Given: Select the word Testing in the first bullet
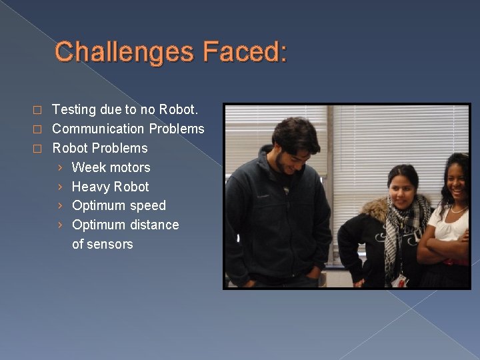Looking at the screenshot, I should point(74,109).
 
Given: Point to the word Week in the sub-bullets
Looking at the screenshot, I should point(88,167).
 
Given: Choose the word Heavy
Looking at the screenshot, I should point(91,187).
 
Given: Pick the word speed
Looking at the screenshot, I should point(148,206).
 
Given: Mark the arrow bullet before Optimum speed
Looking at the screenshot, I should point(60,206).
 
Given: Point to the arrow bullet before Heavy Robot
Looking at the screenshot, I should point(60,187).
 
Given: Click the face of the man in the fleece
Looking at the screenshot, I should point(293,149).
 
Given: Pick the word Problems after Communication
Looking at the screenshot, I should point(177,128).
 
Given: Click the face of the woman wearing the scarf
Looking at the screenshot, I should point(403,189).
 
